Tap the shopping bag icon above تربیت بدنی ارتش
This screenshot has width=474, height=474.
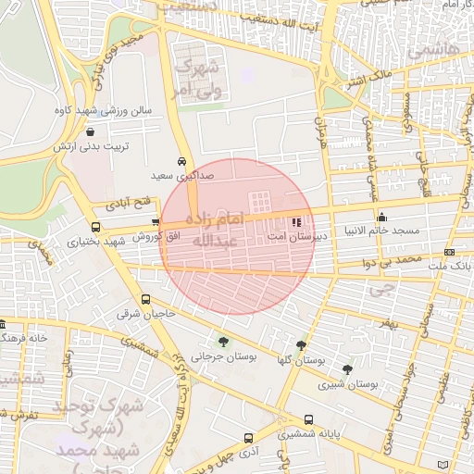coord(89,132)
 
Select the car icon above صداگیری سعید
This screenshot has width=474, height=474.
coord(183,159)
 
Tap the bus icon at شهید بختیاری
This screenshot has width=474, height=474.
coord(95,227)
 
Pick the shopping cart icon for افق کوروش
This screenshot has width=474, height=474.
coord(156,222)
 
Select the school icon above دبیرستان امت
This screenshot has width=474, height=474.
coord(296,222)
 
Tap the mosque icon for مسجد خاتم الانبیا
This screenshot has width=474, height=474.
coord(381,218)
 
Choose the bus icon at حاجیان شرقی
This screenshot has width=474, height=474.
coord(145,300)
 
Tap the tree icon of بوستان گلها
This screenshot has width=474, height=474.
coord(301,344)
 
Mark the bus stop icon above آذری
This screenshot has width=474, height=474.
coord(247,438)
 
